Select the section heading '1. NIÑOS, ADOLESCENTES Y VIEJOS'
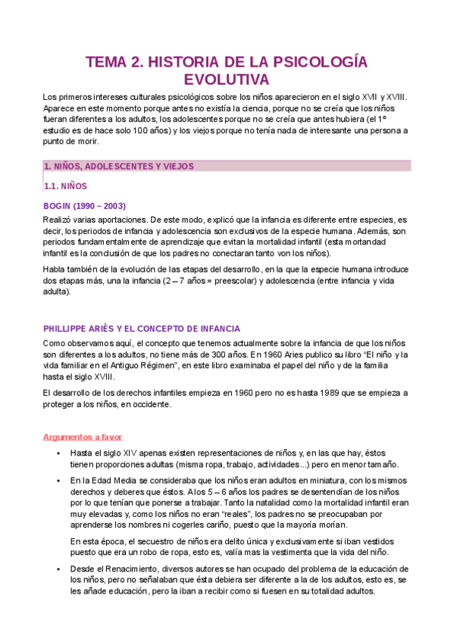coord(119,166)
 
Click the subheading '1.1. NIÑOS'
coord(66,185)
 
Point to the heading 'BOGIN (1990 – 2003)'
coord(84,206)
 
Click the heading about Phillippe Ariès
coord(142,329)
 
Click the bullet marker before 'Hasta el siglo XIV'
coord(58,453)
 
